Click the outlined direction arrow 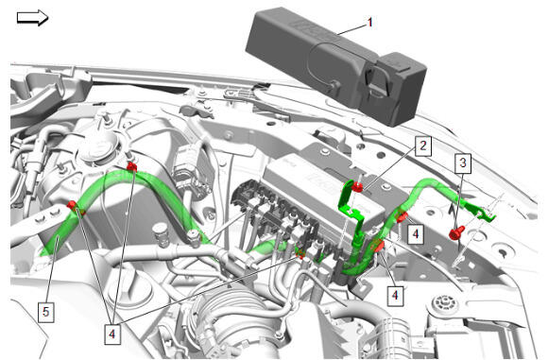32,18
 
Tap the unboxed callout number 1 370,23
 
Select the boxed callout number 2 423,146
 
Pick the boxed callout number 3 463,163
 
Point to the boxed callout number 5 45,312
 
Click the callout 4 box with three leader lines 111,334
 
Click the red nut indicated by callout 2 357,187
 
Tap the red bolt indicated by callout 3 456,233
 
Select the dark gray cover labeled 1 335,66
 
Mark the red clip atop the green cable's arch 131,166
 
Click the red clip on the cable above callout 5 73,205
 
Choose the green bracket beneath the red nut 351,210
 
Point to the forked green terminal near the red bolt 485,214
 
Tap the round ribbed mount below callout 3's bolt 445,303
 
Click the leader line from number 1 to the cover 351,29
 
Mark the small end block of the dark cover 402,89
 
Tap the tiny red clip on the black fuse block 300,254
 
